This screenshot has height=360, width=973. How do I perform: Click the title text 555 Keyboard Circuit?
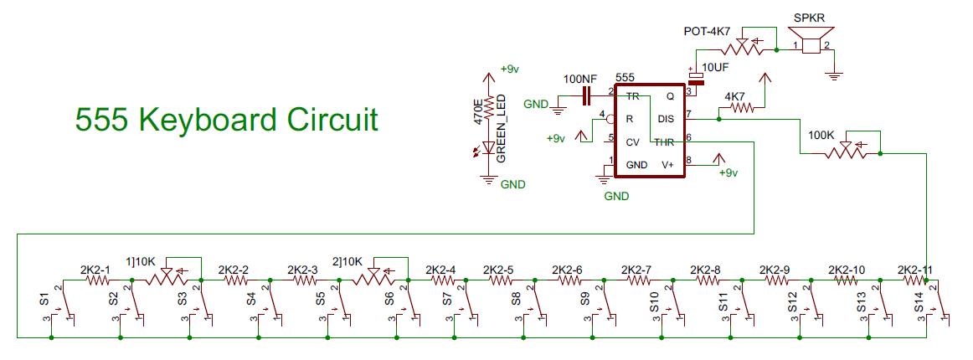[x=226, y=120]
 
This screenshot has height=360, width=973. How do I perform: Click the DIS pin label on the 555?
[x=667, y=119]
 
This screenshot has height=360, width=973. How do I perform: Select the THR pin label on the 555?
[x=665, y=141]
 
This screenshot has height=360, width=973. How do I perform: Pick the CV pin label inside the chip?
[x=633, y=141]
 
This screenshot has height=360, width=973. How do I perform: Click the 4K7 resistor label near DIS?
[x=734, y=96]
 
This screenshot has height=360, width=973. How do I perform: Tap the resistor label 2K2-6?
[x=567, y=270]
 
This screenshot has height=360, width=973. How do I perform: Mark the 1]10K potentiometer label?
[x=141, y=261]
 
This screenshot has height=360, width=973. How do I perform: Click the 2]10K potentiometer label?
[x=348, y=260]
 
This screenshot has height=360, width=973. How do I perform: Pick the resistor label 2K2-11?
[x=914, y=270]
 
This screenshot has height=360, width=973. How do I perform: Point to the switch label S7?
[x=447, y=300]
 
